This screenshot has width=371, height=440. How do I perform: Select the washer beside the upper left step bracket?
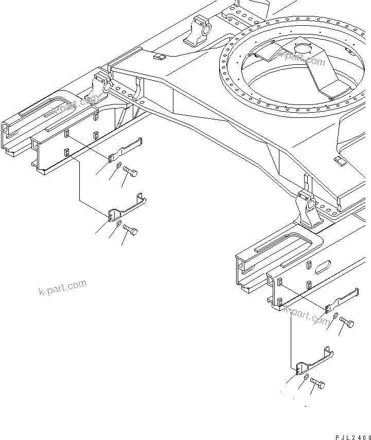[119, 166]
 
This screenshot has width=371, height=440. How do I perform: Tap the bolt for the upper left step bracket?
[130, 174]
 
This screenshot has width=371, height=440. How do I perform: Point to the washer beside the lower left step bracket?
[119, 223]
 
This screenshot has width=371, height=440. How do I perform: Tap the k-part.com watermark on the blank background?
[62, 288]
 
